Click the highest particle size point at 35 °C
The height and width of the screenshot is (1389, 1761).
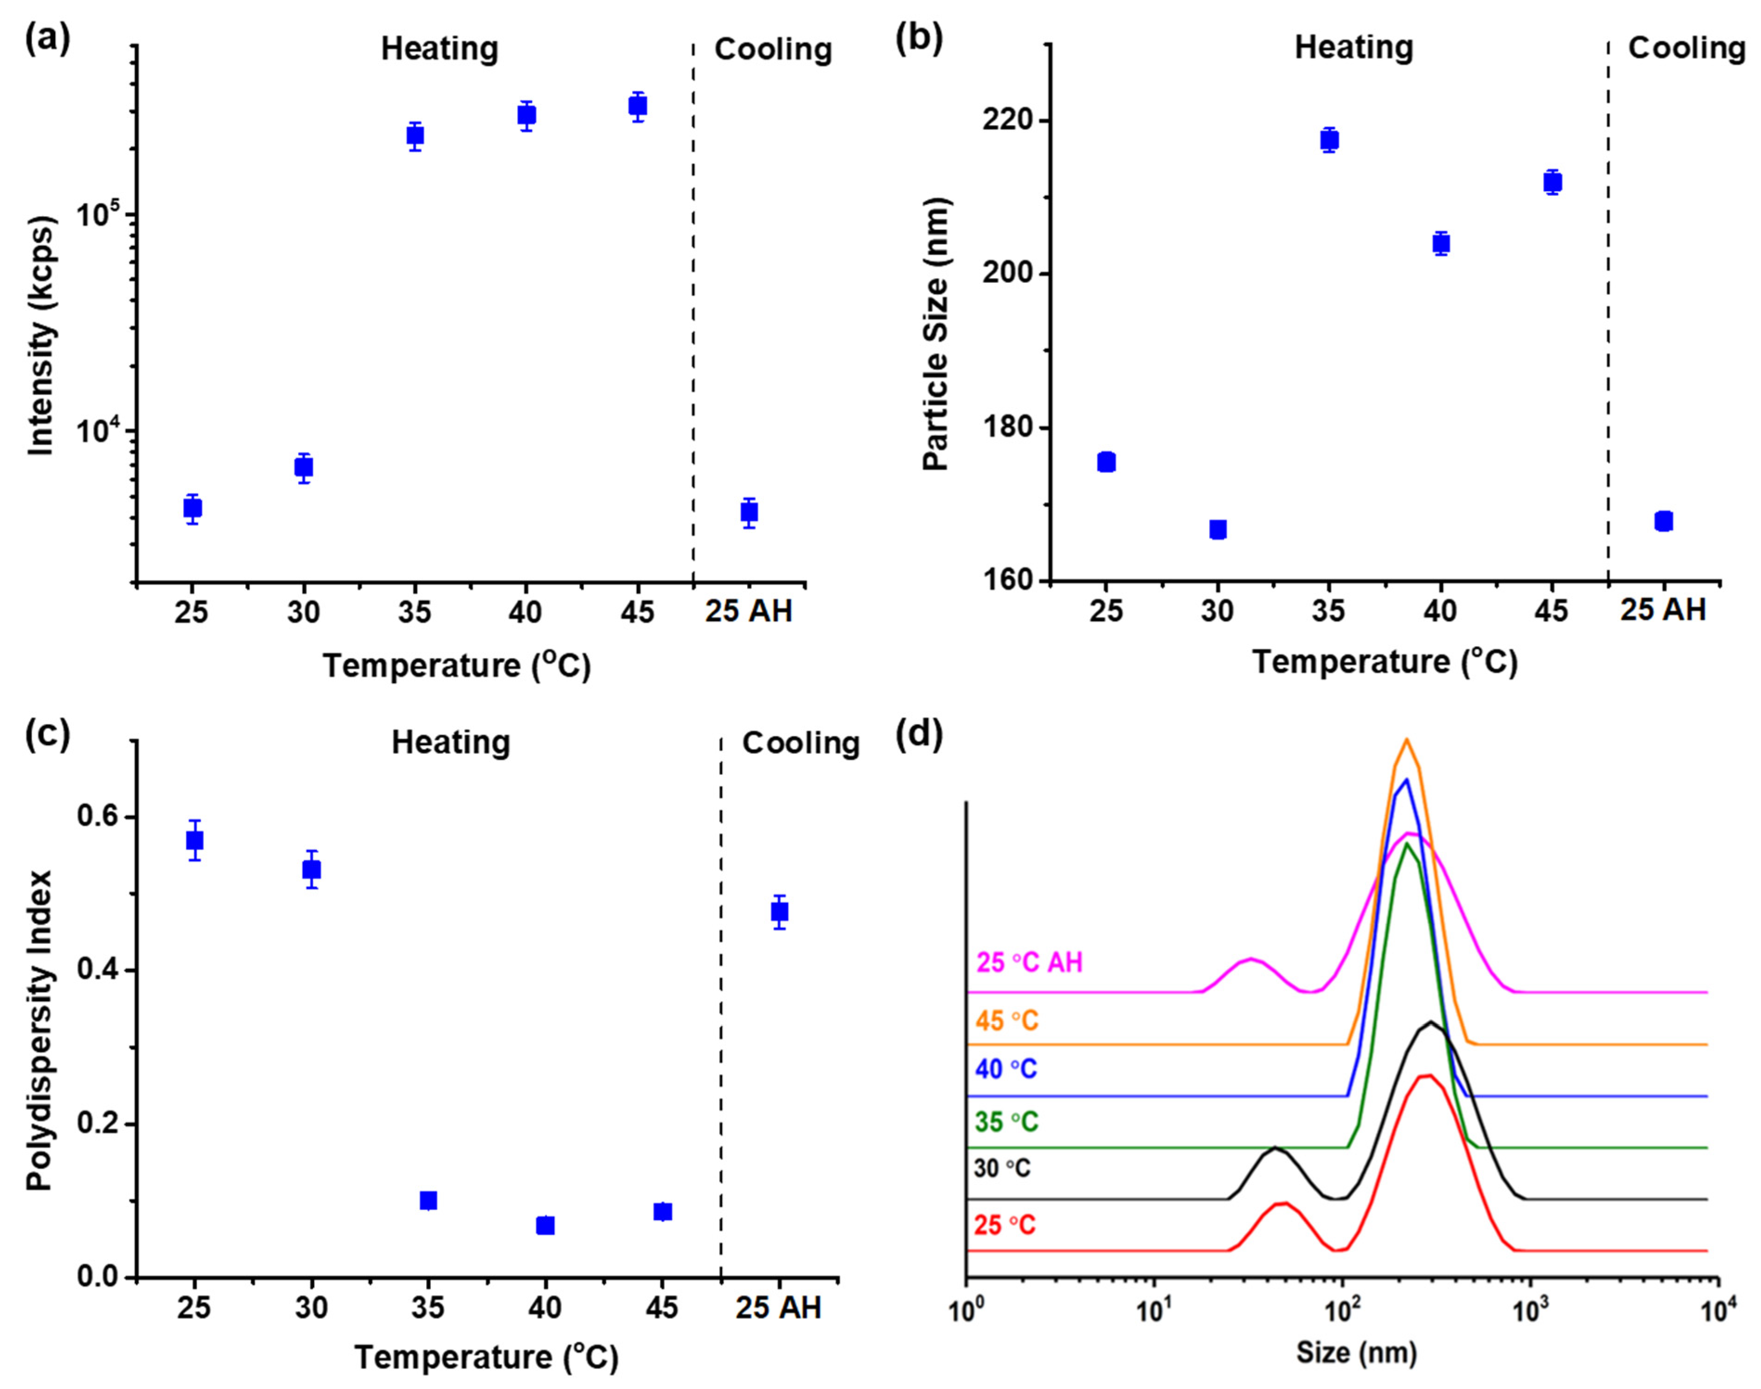[1329, 140]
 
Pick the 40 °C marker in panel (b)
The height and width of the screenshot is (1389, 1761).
[1441, 243]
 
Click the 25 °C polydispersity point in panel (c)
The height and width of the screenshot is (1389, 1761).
[194, 840]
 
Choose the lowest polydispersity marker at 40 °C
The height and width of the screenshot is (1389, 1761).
[545, 1226]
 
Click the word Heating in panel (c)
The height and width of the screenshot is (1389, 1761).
[450, 743]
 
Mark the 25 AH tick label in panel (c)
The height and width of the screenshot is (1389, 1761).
[778, 1308]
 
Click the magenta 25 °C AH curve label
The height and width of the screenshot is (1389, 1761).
[1029, 963]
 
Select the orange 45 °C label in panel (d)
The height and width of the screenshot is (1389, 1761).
[1006, 1021]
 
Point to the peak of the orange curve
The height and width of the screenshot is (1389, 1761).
[1406, 740]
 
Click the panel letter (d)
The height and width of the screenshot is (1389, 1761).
[919, 735]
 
